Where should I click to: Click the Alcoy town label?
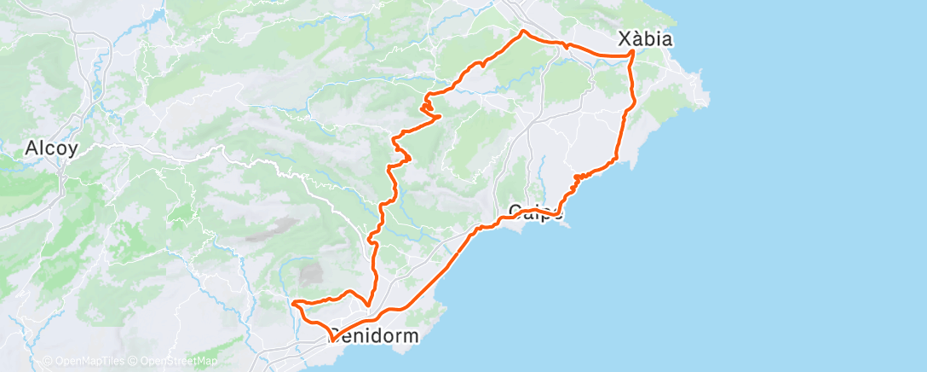52,148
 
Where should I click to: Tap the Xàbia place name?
646,39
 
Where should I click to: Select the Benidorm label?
375,336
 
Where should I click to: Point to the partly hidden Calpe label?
535,211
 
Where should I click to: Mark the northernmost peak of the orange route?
523,32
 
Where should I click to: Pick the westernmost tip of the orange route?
292,302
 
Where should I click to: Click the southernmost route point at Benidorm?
330,340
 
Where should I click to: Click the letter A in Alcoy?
32,148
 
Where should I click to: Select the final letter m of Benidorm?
411,336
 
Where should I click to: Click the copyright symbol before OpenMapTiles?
48,361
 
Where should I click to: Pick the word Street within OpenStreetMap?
180,361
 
